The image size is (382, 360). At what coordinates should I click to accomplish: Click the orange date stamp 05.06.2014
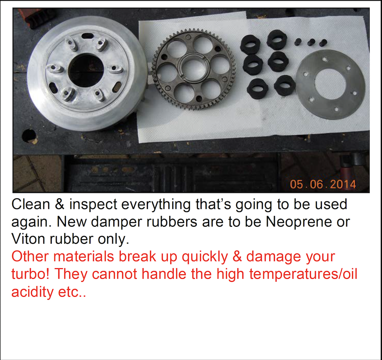tap(323, 184)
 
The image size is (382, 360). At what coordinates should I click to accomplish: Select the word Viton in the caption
tap(28, 239)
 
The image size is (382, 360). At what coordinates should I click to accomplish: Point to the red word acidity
tap(32, 292)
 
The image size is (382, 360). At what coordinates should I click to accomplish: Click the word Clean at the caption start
tap(31, 204)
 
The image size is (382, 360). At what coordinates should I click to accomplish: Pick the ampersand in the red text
tap(237, 256)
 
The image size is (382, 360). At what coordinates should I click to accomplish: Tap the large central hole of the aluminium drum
tap(86, 70)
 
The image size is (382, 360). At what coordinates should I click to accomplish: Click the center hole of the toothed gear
tap(194, 68)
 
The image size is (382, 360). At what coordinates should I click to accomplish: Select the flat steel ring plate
tap(330, 84)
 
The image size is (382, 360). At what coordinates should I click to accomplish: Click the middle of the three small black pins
tap(311, 42)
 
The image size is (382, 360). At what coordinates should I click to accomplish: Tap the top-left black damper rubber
tap(250, 44)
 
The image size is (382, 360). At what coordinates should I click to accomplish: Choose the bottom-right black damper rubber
tap(284, 85)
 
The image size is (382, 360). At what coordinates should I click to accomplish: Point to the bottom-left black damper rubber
tap(257, 89)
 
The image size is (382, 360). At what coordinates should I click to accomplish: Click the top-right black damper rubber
tap(277, 40)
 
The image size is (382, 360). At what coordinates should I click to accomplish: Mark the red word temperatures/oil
tap(303, 274)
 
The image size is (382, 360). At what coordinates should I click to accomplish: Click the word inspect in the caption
tap(93, 205)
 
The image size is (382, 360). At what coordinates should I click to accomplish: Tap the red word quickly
tap(205, 257)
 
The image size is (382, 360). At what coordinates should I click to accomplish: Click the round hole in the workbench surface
tap(29, 136)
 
